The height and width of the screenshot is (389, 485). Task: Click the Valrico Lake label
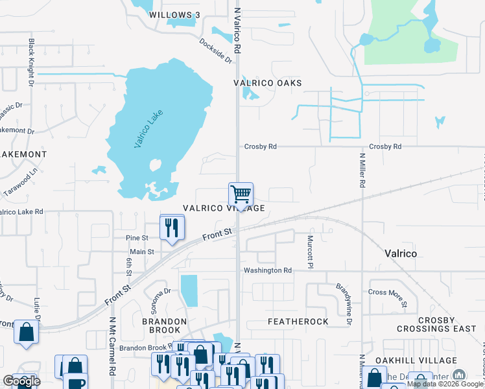click(x=148, y=129)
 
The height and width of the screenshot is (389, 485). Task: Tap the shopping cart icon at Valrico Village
click(x=241, y=194)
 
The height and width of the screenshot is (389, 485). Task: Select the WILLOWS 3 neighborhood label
click(x=171, y=14)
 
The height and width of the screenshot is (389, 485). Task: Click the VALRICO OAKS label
click(x=268, y=83)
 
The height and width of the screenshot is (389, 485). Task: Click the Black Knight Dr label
click(x=30, y=62)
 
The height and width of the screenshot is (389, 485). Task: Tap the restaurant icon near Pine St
click(x=172, y=228)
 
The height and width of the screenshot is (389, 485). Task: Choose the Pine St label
click(x=137, y=239)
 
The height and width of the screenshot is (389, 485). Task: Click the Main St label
click(x=142, y=252)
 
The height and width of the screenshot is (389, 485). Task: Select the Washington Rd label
click(x=267, y=270)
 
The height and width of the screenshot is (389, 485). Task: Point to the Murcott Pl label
click(x=310, y=252)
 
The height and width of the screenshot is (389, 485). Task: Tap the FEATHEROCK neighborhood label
click(x=298, y=322)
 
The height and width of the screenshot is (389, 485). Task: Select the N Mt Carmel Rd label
click(x=112, y=346)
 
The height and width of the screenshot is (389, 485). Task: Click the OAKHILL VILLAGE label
click(x=410, y=360)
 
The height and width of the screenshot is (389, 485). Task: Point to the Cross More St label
click(x=388, y=297)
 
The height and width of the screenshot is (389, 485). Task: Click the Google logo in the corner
click(x=21, y=381)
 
